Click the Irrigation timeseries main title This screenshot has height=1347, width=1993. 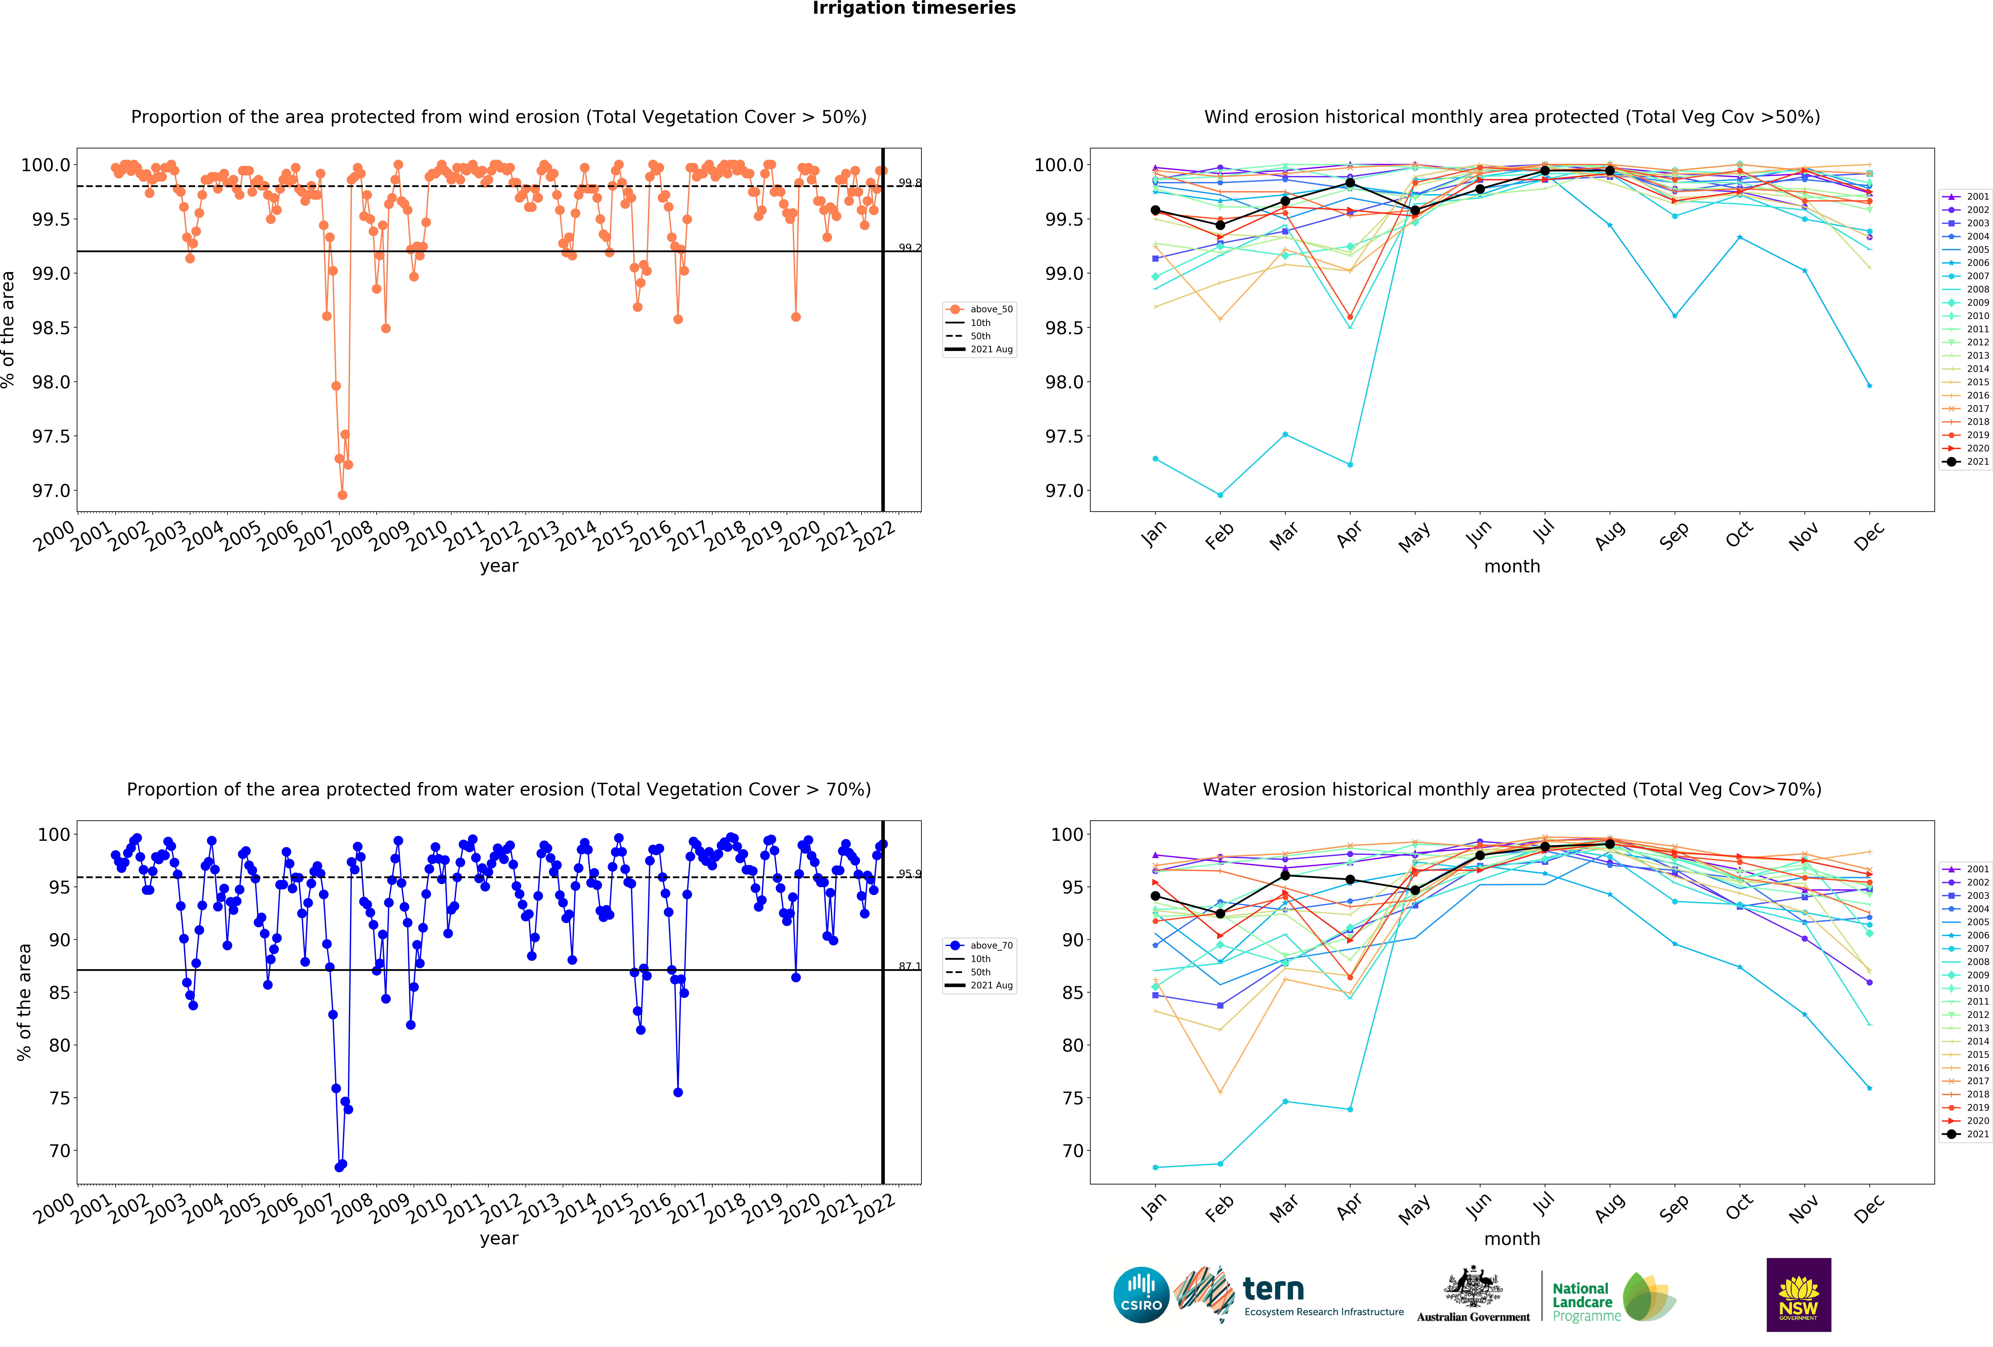(913, 9)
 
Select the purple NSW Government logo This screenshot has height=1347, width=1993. (1798, 1295)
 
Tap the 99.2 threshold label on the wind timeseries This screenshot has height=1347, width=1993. (909, 248)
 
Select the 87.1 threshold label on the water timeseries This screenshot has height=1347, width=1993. (909, 966)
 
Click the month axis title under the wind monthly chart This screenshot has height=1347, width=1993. (1512, 567)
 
